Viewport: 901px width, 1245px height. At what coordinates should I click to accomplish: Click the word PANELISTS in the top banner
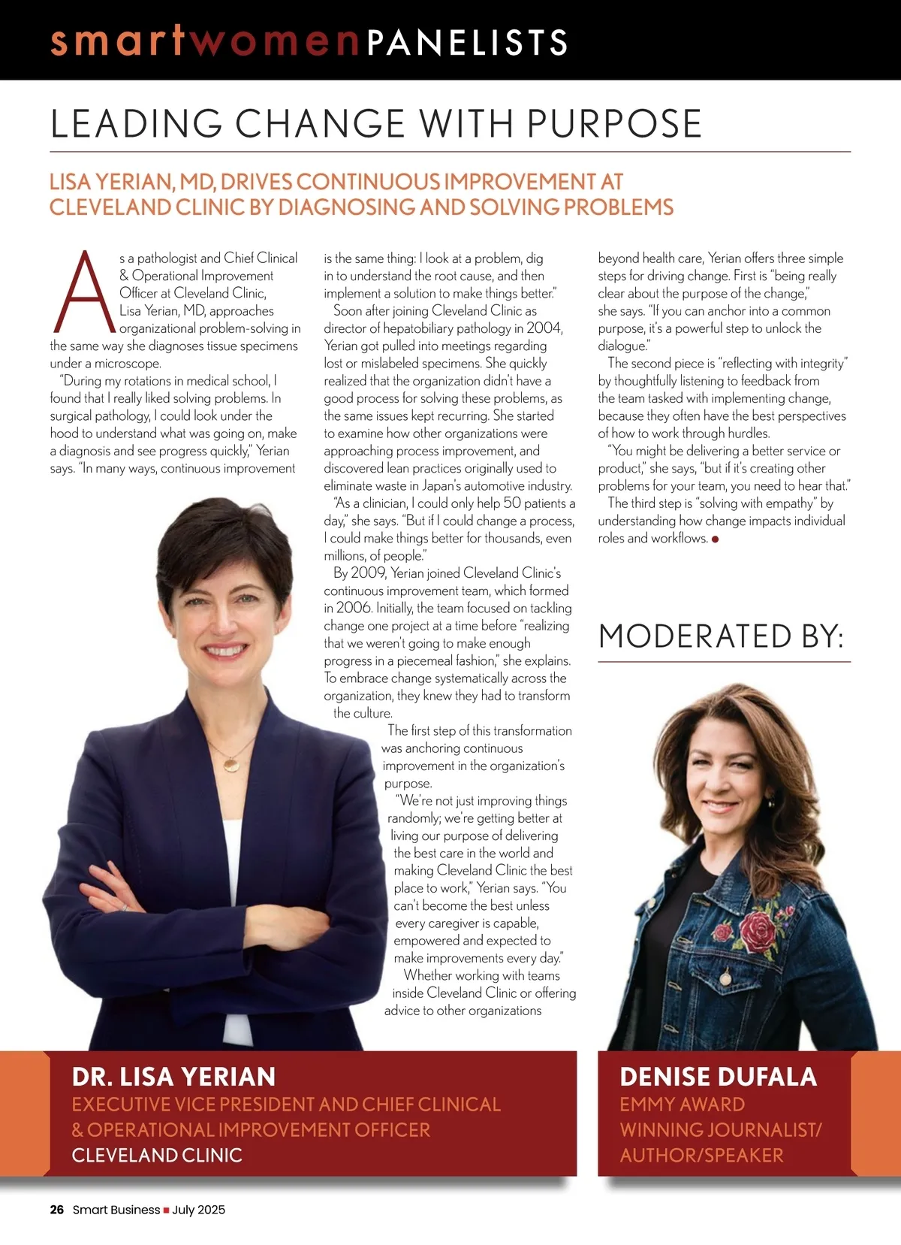(x=467, y=42)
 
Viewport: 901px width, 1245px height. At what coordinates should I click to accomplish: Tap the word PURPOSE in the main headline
(x=614, y=124)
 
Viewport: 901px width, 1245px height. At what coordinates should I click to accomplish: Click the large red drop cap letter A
(x=85, y=292)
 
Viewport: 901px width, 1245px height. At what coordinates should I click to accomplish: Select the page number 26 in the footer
(x=57, y=1210)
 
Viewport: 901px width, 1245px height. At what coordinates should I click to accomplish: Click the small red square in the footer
(x=166, y=1210)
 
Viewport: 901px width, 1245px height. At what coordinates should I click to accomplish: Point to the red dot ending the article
(x=715, y=539)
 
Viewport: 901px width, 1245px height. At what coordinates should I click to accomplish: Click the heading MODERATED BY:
(x=722, y=636)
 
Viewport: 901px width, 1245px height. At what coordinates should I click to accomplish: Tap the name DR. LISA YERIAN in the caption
(x=173, y=1077)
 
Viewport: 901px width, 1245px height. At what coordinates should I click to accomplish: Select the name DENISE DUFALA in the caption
(x=718, y=1077)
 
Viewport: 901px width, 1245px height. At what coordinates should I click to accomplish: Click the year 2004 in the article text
(x=544, y=328)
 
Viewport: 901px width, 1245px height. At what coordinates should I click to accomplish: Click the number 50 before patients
(x=512, y=503)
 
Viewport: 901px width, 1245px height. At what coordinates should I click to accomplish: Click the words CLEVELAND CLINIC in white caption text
(x=157, y=1155)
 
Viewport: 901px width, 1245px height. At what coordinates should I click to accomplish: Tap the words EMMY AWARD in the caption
(x=682, y=1104)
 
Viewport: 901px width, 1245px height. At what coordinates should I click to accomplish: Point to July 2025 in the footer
(x=198, y=1210)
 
